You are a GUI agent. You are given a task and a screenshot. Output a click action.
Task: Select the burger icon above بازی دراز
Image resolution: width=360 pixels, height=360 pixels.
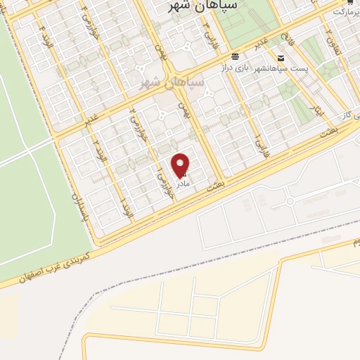pyautogui.click(x=235, y=56)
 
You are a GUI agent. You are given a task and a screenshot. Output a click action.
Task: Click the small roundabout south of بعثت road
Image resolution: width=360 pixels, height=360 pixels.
pyautogui.click(x=289, y=202)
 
